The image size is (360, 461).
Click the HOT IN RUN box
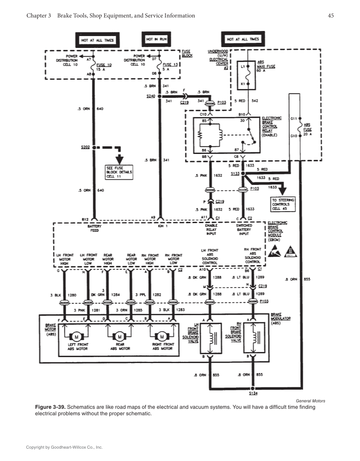pyautogui.click(x=155, y=39)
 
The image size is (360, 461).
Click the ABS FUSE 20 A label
pyautogui.click(x=307, y=130)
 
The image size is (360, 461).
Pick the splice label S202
pyautogui.click(x=85, y=148)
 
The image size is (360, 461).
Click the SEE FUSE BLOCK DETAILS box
pyautogui.click(x=120, y=172)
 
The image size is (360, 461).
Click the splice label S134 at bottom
pyautogui.click(x=253, y=394)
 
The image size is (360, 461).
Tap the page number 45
pyautogui.click(x=331, y=16)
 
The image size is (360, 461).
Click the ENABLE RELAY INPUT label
pyautogui.click(x=211, y=229)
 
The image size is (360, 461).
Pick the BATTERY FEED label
pyautogui.click(x=94, y=228)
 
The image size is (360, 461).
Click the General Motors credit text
pyautogui.click(x=310, y=401)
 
